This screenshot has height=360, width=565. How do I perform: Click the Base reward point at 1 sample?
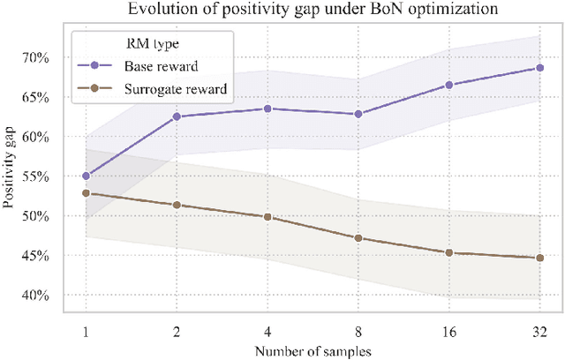click(x=86, y=176)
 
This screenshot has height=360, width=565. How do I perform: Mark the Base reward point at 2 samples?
click(x=177, y=116)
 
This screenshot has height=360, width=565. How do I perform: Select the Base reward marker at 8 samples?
click(x=358, y=114)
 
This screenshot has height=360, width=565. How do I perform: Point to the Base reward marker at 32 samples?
click(x=539, y=68)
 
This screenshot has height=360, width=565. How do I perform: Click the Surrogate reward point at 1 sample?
click(x=86, y=193)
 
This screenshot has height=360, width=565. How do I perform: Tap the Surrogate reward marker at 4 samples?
click(x=267, y=216)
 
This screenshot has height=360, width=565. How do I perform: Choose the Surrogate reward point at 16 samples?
click(x=448, y=252)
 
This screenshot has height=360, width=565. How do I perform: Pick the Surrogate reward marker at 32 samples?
click(x=539, y=258)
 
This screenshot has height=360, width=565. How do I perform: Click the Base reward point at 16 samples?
click(x=448, y=85)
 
